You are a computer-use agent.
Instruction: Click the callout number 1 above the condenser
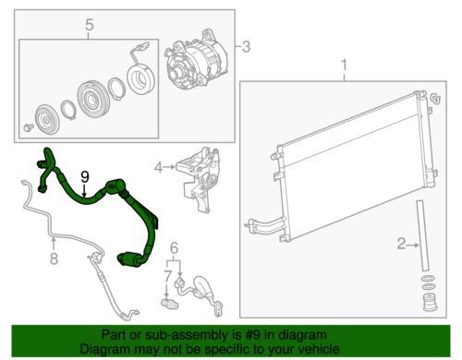[345, 66]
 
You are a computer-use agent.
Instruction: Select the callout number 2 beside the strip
[402, 244]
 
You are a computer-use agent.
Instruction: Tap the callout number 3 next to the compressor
[246, 47]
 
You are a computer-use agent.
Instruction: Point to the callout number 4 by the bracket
[158, 168]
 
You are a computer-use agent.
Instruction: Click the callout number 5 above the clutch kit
[89, 25]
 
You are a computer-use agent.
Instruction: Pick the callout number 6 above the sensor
[175, 247]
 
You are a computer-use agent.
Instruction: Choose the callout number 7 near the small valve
[166, 277]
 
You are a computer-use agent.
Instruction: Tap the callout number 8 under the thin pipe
[54, 258]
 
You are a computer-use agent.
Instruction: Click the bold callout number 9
[85, 177]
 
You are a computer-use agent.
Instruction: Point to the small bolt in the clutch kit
[29, 127]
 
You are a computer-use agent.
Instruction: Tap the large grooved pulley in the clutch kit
[91, 98]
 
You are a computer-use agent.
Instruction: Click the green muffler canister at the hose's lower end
[128, 259]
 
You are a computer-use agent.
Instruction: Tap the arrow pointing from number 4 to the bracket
[170, 167]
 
